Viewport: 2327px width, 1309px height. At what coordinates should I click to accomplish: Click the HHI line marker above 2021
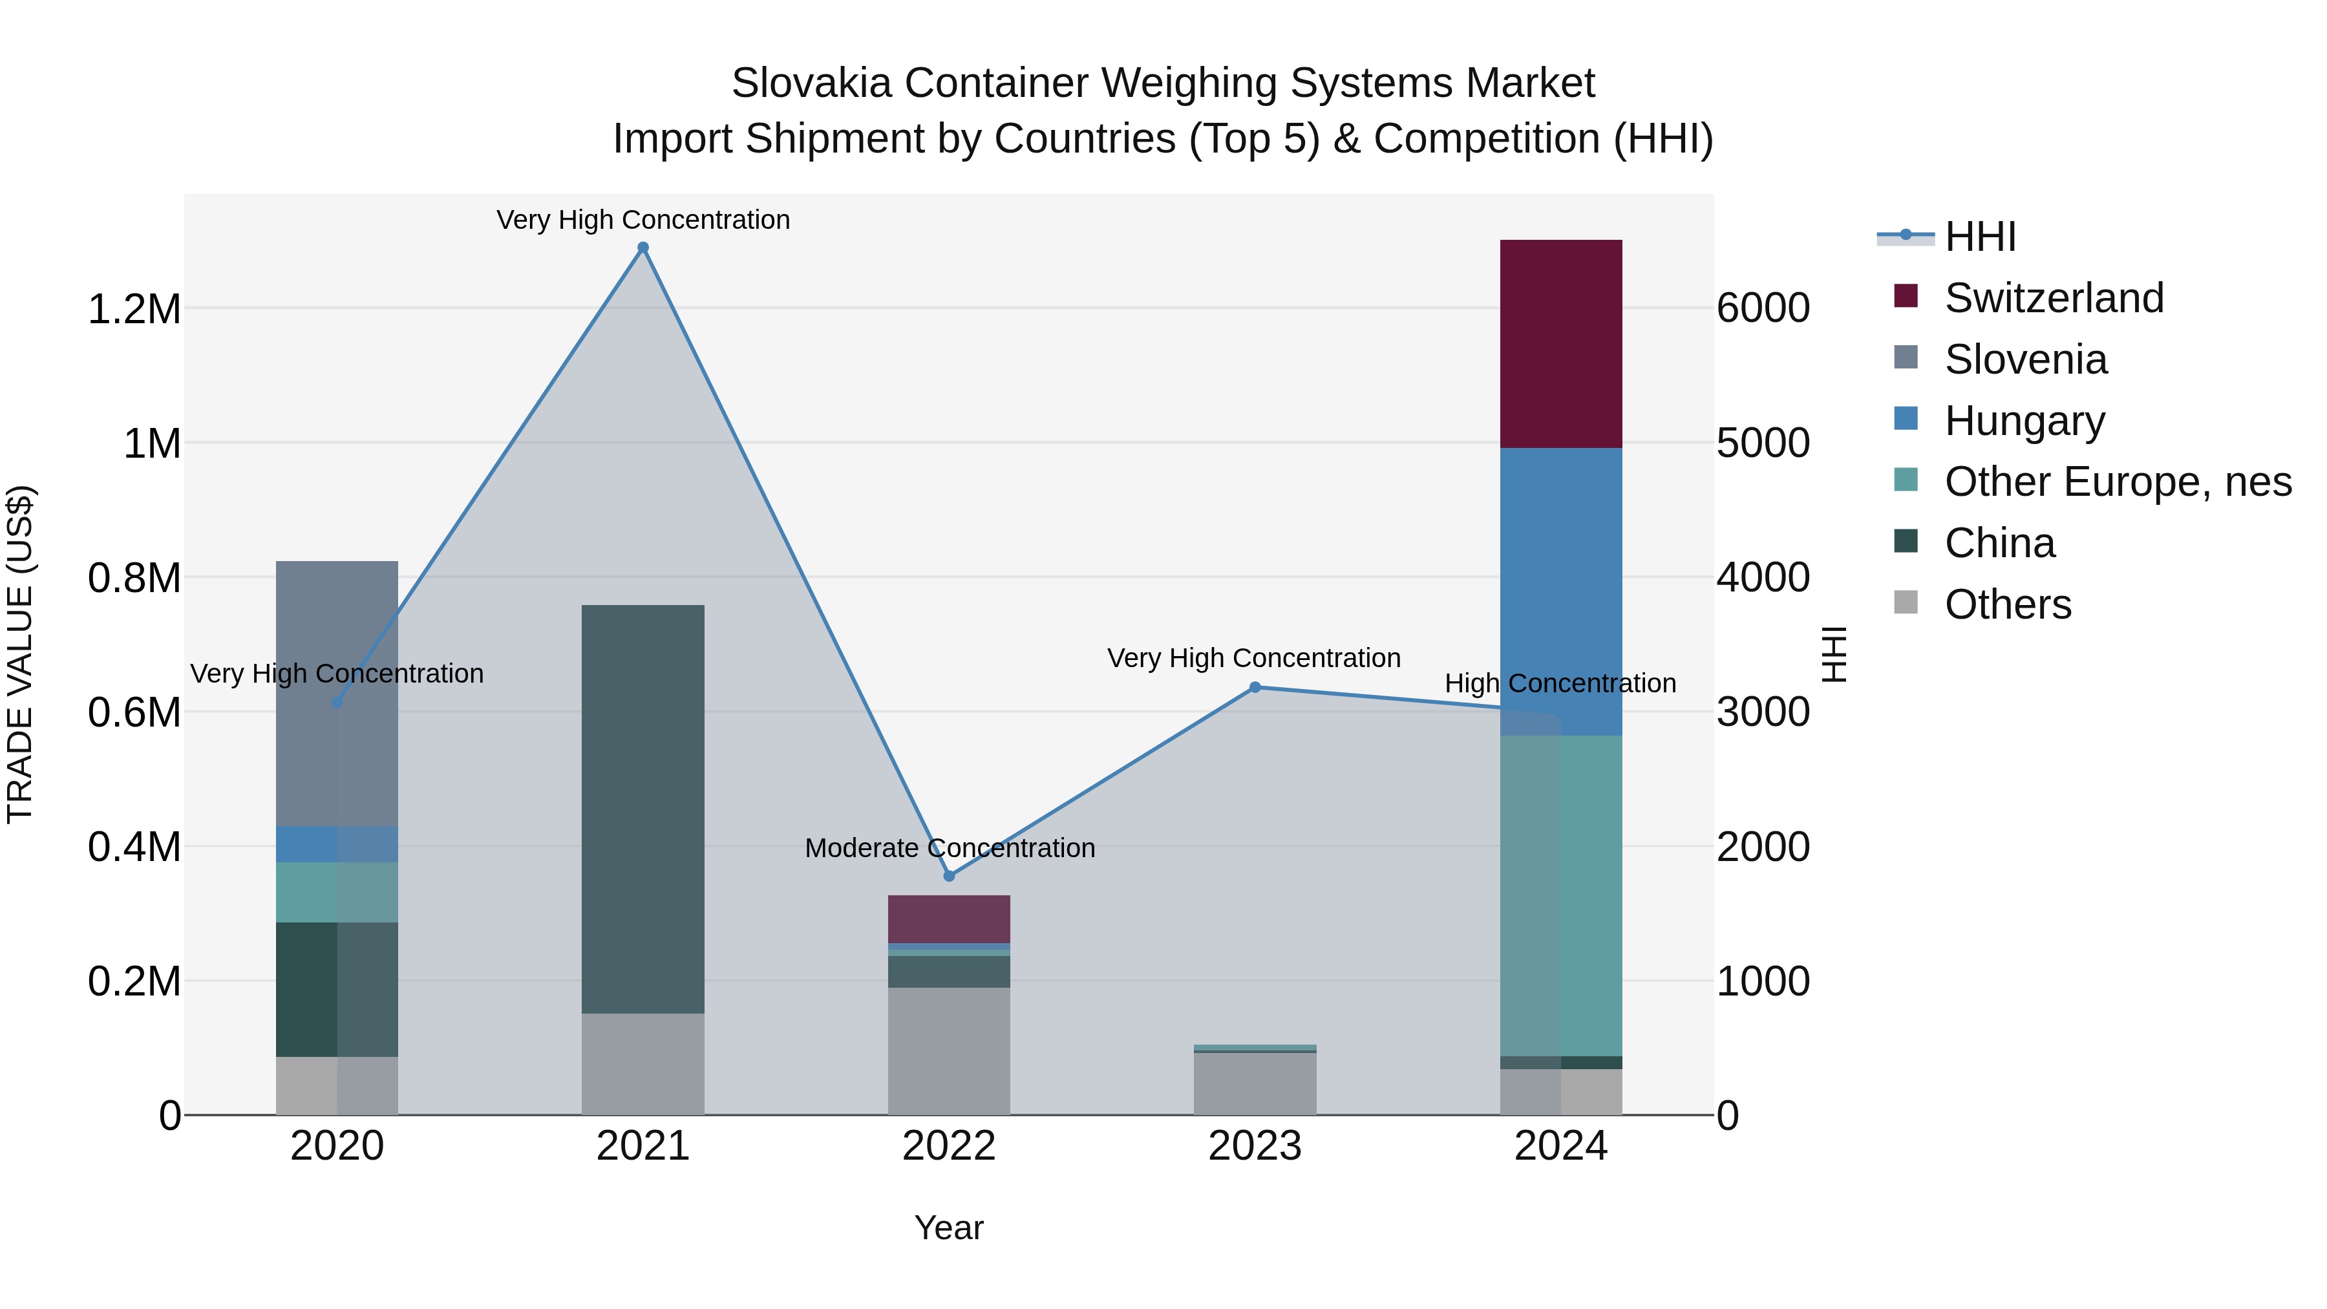tap(643, 248)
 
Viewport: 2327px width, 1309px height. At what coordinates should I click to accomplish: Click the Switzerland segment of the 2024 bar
tap(1560, 343)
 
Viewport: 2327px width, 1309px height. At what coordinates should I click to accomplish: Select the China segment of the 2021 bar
tap(643, 809)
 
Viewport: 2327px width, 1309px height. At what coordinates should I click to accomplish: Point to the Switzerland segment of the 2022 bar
tap(948, 918)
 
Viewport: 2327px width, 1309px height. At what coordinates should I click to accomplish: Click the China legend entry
tap(1999, 543)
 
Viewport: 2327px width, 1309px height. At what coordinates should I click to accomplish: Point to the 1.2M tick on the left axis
tap(134, 309)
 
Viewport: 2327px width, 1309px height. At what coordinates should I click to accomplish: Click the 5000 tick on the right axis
tap(1763, 443)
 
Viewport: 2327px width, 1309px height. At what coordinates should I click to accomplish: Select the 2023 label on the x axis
tap(1254, 1146)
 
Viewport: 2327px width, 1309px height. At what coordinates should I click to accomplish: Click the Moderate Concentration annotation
tap(950, 847)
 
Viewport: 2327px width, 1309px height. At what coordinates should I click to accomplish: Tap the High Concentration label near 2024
tap(1560, 683)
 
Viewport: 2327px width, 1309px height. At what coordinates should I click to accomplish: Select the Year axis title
tap(948, 1228)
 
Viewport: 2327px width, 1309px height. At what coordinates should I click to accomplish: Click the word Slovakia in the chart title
tap(813, 83)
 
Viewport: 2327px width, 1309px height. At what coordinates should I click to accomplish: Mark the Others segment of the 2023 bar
tap(1254, 1083)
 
